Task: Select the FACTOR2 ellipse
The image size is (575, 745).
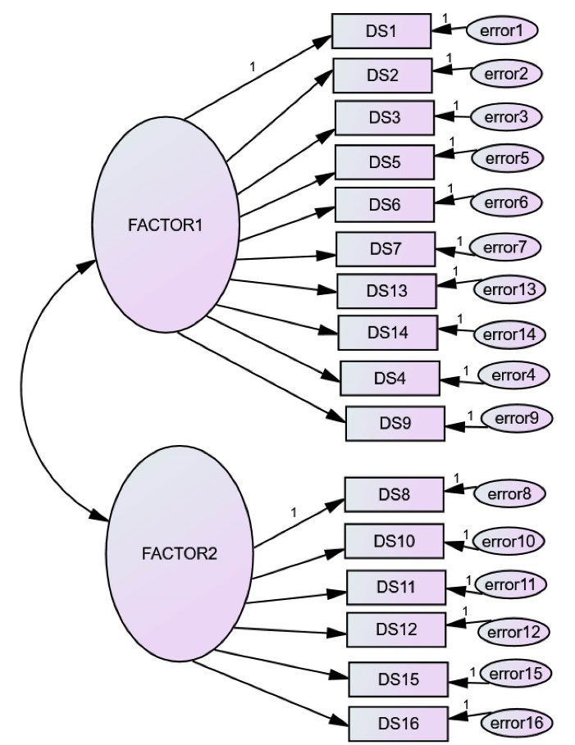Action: point(180,553)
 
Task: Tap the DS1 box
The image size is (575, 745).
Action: point(381,32)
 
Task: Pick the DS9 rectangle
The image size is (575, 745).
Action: point(395,424)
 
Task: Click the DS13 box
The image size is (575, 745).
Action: point(387,290)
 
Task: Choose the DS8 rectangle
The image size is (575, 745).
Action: point(394,494)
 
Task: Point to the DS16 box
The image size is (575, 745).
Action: point(399,723)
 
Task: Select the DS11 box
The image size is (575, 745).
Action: point(396,587)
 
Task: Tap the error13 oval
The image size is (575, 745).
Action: point(509,289)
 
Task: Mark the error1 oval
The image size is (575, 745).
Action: point(501,31)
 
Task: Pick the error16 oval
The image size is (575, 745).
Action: point(516,722)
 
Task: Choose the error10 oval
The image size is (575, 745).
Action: point(508,541)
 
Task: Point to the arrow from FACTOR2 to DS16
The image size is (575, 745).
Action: point(271,693)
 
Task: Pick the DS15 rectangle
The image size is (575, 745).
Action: point(399,679)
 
